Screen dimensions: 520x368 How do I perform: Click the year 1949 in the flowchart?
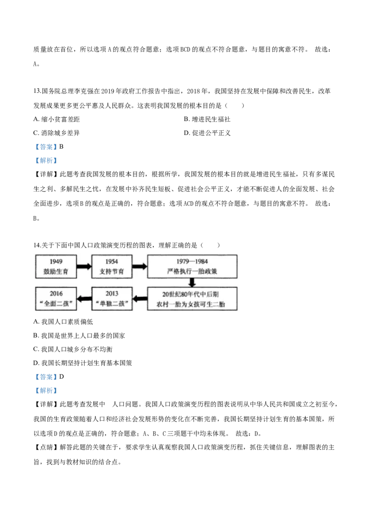coord(56,262)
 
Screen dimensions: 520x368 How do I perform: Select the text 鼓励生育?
coord(56,271)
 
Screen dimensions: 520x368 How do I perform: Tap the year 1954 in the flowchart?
coord(111,262)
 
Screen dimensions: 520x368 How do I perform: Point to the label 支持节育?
coord(111,271)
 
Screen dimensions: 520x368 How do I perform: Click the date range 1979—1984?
coord(192,262)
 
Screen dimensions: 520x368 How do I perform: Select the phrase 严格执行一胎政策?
coord(192,271)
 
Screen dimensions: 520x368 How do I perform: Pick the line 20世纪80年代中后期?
coord(192,294)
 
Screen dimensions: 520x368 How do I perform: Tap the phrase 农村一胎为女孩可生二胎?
coord(192,304)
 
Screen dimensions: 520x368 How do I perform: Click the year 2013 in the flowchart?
coord(111,294)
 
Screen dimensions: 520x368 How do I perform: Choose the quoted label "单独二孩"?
coord(111,304)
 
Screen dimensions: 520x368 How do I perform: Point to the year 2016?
coord(56,294)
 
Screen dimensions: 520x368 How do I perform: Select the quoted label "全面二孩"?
coord(56,304)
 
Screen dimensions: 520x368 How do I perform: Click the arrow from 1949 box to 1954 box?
coord(84,266)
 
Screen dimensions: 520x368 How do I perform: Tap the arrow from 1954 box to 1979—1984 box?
coord(139,266)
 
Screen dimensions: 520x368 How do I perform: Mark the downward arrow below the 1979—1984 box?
coord(192,282)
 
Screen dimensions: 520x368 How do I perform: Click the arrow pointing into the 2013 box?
coord(140,299)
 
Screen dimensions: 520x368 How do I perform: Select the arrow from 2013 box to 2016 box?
coord(84,299)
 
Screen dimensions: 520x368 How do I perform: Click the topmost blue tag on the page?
coord(46,147)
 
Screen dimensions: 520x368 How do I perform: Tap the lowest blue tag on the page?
coord(46,391)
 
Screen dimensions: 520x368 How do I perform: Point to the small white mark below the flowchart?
coord(110,403)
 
